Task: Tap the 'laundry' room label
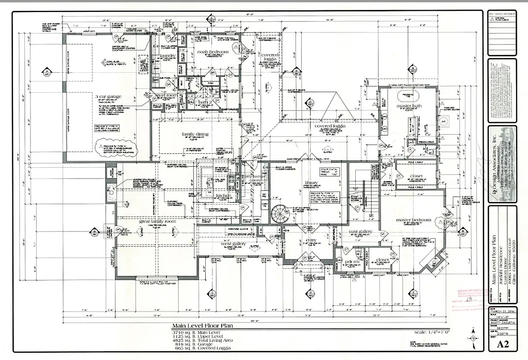(x=168, y=56)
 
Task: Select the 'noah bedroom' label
(x=212, y=52)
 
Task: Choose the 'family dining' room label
(x=195, y=134)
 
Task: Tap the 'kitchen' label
(x=225, y=197)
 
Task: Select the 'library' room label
(x=311, y=183)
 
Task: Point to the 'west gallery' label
(x=234, y=243)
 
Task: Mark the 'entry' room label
(x=311, y=240)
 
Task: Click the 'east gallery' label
(x=360, y=232)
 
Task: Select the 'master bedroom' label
(x=414, y=220)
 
